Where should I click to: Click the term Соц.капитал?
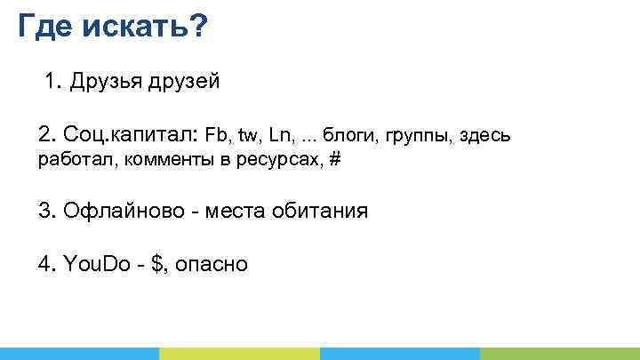click(129, 135)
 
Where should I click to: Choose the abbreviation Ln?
click(282, 136)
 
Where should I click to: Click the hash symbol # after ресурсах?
click(335, 160)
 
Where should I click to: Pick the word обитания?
click(323, 212)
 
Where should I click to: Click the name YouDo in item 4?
click(97, 264)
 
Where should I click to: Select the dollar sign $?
click(159, 264)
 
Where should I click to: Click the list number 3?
click(46, 212)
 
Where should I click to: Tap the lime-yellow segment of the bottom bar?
click(239, 353)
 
